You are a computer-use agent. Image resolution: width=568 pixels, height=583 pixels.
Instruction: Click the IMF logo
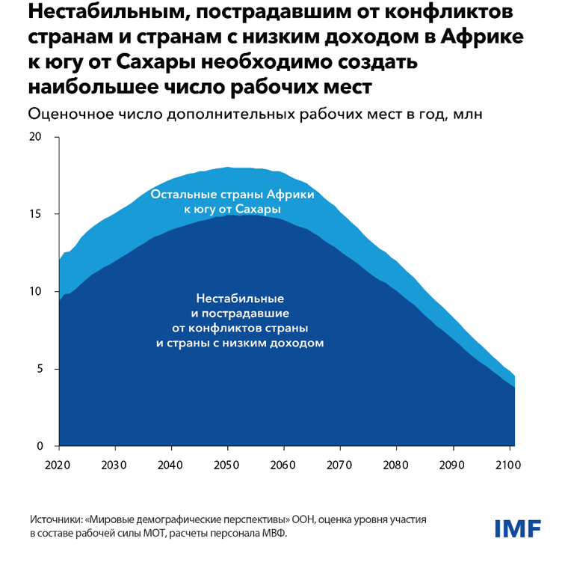click(x=517, y=528)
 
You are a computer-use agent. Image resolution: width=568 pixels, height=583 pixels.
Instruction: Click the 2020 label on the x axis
click(x=58, y=465)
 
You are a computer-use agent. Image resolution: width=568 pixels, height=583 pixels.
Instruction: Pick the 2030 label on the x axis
click(x=114, y=465)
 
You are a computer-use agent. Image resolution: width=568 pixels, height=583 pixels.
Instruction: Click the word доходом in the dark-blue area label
click(x=297, y=344)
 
